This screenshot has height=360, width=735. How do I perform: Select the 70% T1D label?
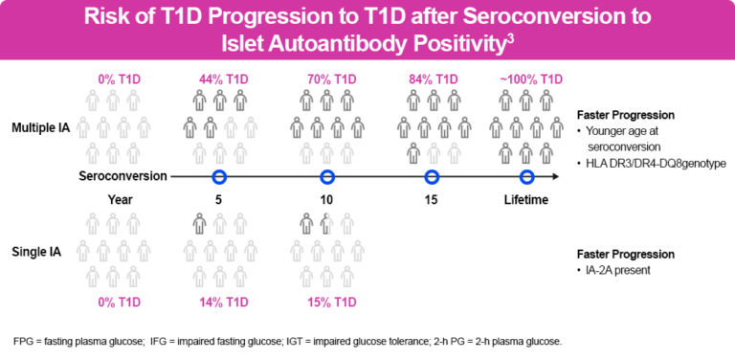[327, 79]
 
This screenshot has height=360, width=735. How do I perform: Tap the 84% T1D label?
[432, 79]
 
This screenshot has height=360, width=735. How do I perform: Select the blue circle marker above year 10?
[327, 176]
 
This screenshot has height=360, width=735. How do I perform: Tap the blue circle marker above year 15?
[432, 176]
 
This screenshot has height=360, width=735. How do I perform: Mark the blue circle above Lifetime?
[526, 176]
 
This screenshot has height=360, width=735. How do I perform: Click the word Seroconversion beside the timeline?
[123, 176]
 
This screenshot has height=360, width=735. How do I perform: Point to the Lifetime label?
[526, 200]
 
